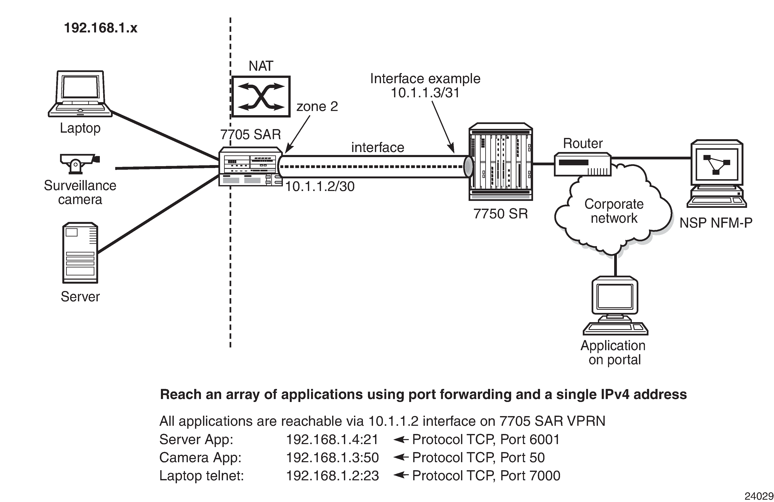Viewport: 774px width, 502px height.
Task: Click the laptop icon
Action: (x=80, y=94)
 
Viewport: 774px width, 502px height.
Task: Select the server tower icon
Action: (x=80, y=253)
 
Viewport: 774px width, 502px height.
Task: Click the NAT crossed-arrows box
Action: (x=261, y=97)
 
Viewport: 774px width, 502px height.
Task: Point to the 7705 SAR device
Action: (x=250, y=167)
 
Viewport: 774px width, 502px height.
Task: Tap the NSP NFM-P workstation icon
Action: (x=717, y=173)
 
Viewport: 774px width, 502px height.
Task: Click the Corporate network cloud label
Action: (x=614, y=211)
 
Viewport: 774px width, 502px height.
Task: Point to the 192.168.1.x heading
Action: (x=100, y=28)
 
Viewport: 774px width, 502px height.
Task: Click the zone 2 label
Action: (x=317, y=107)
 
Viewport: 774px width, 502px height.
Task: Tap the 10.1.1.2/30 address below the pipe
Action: (x=320, y=187)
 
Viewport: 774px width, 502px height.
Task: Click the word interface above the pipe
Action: (x=378, y=148)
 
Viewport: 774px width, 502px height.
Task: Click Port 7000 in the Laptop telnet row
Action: (x=530, y=476)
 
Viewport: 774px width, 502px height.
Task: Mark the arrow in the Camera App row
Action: (x=401, y=457)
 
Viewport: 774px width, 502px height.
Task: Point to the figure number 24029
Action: (x=759, y=496)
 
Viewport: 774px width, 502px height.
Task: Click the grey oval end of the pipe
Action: (x=468, y=167)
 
